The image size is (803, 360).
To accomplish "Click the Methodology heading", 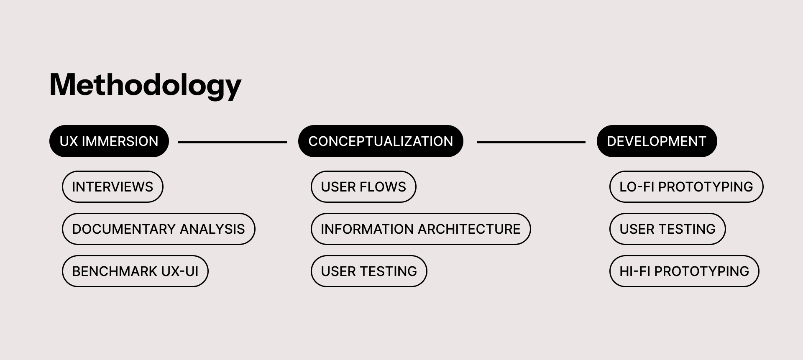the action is (145, 85).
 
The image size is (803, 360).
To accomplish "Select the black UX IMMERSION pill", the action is (109, 141).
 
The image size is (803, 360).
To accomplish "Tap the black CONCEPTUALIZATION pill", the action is (381, 141).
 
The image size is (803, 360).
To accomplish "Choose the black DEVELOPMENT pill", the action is (657, 141).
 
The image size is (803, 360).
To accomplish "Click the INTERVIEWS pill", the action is (113, 187).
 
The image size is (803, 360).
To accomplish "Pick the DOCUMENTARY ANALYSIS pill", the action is (159, 229).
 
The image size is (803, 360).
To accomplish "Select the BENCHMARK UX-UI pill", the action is (135, 271).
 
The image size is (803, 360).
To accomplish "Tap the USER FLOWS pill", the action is (363, 187).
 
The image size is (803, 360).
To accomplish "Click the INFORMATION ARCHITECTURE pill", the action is (421, 229).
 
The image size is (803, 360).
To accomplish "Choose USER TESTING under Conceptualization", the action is (369, 271).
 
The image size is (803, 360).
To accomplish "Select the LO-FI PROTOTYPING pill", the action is (686, 187).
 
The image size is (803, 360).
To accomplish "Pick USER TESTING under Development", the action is (667, 229).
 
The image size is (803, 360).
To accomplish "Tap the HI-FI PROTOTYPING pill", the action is (684, 271).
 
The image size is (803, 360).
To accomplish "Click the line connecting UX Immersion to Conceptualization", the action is (233, 142).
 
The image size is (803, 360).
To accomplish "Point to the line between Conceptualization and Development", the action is (531, 142).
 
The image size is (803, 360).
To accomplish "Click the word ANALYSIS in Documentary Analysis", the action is (212, 229).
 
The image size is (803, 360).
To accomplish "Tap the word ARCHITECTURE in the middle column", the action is (469, 229).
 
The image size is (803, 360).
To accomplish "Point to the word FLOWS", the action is (386, 187).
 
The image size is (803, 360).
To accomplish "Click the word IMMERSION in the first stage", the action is (120, 141).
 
